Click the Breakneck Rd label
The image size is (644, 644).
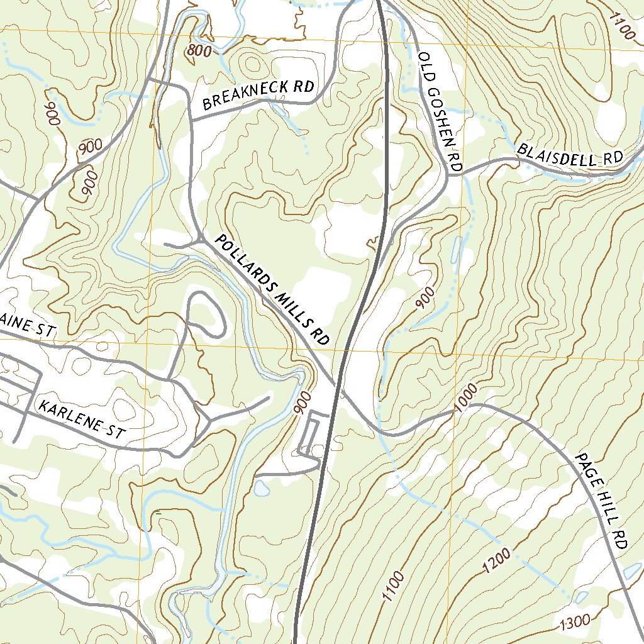pos(258,96)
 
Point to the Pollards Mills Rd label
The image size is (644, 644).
pos(272,290)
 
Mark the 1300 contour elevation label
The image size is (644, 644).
pos(574,622)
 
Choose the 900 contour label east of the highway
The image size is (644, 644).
pos(426,297)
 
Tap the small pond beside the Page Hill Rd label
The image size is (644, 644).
pos(632,571)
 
